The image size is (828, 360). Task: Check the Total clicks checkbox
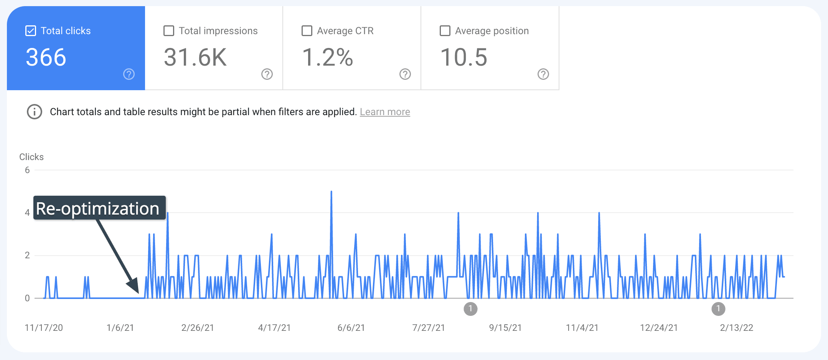[31, 31]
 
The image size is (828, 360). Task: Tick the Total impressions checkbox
[169, 31]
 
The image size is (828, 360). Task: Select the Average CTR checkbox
[307, 31]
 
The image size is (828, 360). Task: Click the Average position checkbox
[445, 31]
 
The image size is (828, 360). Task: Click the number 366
[46, 58]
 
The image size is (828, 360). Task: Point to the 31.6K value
[195, 58]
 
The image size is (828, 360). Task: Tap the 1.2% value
[327, 58]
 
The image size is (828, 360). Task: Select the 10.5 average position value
[464, 58]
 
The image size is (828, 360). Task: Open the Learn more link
[385, 112]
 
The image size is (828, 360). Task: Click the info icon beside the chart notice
[35, 112]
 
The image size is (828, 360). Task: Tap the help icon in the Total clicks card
[129, 74]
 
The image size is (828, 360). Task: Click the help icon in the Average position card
[543, 74]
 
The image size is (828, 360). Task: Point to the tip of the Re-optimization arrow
[138, 292]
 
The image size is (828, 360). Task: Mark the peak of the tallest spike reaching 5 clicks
[331, 192]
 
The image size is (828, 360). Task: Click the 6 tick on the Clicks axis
[27, 170]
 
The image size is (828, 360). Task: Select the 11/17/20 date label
[44, 328]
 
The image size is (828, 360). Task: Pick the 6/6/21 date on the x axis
[351, 328]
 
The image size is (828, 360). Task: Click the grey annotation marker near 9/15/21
[470, 309]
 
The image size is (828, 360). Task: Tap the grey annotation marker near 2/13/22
[718, 309]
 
